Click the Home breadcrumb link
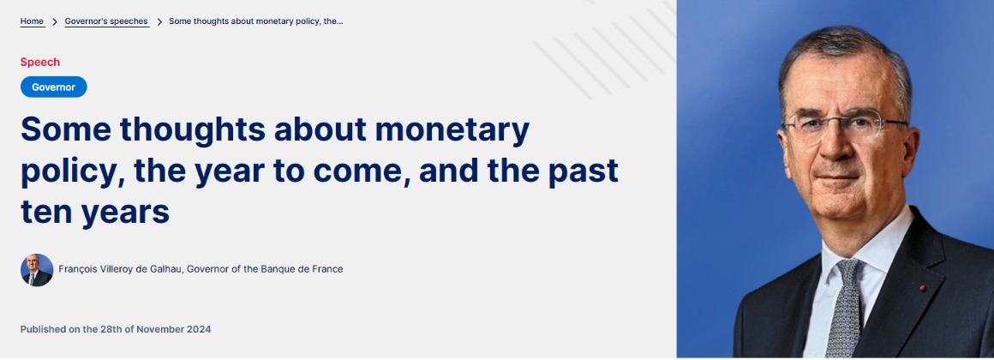(x=32, y=21)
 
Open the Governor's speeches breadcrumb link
(x=106, y=21)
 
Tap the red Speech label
(x=40, y=62)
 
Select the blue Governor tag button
(x=53, y=87)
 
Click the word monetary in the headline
(x=452, y=130)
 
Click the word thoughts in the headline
(x=193, y=130)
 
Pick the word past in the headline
(x=584, y=171)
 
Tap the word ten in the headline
(x=45, y=212)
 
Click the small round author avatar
(x=37, y=270)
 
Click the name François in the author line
(x=78, y=269)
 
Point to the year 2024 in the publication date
(x=199, y=330)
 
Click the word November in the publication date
(x=159, y=330)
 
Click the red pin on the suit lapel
(x=922, y=288)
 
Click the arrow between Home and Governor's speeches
(x=55, y=21)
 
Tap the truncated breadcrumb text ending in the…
(x=256, y=21)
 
